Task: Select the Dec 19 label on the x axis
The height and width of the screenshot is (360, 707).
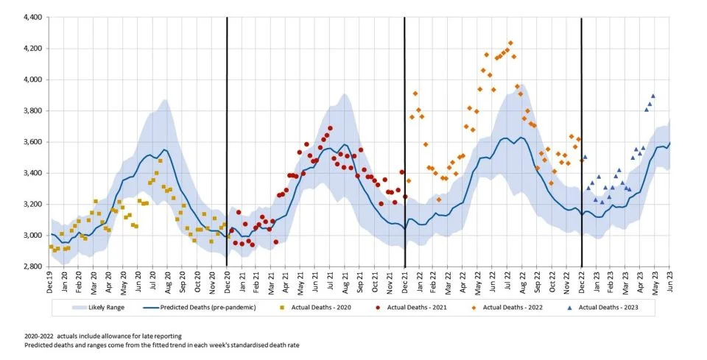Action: (50, 281)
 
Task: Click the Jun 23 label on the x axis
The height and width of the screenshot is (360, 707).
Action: (669, 281)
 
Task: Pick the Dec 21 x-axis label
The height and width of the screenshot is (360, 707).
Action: (405, 281)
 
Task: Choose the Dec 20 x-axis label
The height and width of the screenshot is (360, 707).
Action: (227, 281)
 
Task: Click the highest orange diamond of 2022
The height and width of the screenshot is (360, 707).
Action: (510, 43)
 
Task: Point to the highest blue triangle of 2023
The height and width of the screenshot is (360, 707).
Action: (653, 96)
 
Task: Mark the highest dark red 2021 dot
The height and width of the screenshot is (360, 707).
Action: (330, 128)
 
